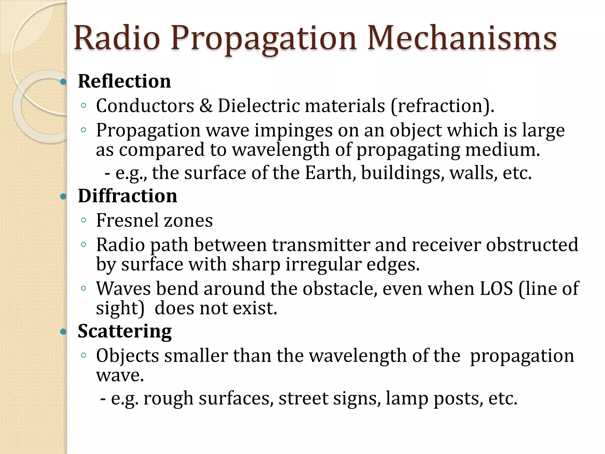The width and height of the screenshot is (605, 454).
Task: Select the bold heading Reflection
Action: click(124, 81)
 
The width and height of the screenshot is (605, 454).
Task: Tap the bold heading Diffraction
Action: click(128, 196)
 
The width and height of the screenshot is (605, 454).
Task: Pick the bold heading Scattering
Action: click(125, 331)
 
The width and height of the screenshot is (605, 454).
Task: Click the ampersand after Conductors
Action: click(206, 106)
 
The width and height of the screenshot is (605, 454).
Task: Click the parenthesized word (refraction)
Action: click(442, 106)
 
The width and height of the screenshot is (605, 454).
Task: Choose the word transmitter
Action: click(321, 245)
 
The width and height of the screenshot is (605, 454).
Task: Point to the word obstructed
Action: click(532, 245)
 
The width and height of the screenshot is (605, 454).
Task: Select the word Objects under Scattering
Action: click(128, 356)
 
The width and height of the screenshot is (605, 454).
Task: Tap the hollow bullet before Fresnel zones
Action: click(83, 220)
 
